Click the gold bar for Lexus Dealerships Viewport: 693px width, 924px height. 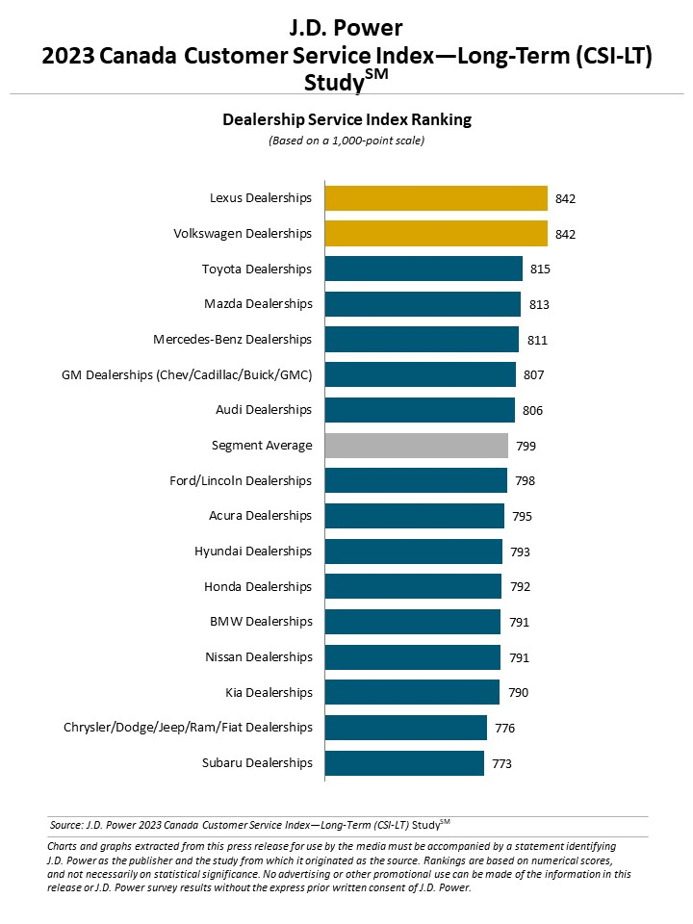(436, 198)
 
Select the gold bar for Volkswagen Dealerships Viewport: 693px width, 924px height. (436, 234)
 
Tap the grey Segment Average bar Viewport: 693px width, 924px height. (416, 446)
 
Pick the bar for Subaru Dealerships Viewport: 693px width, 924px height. (404, 763)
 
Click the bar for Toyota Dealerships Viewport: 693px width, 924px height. (423, 269)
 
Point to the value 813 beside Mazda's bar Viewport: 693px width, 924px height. (538, 304)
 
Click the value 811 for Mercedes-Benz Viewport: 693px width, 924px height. (536, 340)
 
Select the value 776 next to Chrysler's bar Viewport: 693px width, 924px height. (504, 728)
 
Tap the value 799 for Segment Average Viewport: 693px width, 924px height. (526, 446)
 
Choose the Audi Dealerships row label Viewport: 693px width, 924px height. (264, 410)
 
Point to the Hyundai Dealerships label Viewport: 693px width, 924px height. (253, 552)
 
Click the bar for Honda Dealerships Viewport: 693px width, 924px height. (413, 586)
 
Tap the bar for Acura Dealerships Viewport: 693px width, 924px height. (414, 516)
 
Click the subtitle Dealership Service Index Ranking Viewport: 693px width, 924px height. (346, 120)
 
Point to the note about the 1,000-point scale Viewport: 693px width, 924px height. (346, 141)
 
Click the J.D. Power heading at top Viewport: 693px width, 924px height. (346, 28)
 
